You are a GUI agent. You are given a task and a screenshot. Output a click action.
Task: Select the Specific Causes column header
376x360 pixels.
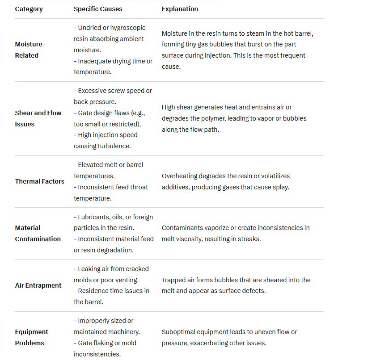click(98, 9)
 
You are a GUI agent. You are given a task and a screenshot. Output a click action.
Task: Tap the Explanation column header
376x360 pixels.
click(180, 9)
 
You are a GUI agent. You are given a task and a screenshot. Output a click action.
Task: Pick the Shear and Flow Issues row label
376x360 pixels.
click(38, 119)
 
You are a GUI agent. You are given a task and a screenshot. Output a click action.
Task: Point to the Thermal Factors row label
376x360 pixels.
click(40, 181)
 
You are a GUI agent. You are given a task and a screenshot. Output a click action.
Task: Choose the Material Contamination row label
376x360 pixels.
click(38, 233)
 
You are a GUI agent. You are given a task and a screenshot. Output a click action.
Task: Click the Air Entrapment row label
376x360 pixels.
click(38, 285)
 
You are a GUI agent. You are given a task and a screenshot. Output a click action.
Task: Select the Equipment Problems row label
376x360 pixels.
click(31, 337)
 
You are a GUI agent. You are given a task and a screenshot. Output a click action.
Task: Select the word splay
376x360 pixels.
click(279, 187)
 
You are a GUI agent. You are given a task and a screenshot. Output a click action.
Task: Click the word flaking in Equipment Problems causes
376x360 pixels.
click(106, 343)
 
